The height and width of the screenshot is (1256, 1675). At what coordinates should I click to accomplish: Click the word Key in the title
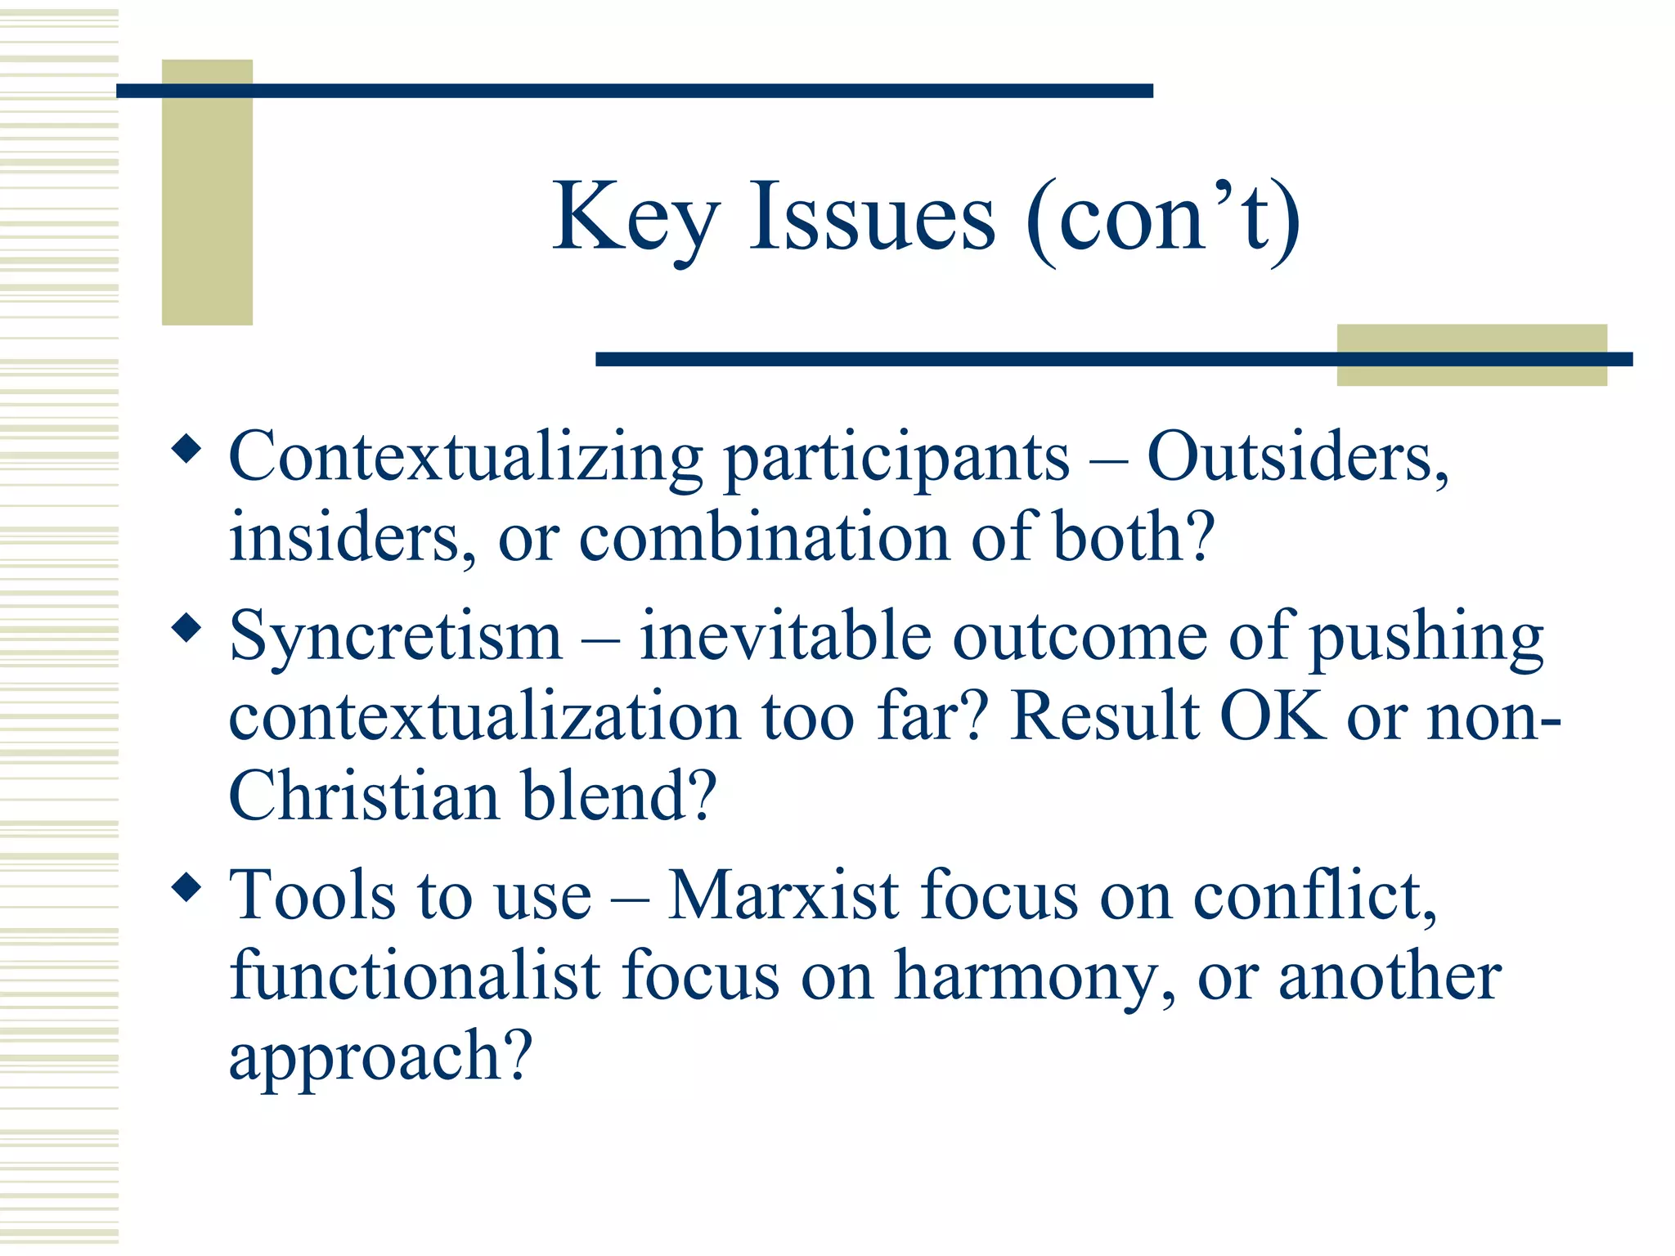pos(635,219)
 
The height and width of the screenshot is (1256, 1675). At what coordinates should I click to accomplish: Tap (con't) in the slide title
pos(1162,219)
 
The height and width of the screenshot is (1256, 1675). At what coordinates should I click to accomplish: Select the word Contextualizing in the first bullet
pos(465,458)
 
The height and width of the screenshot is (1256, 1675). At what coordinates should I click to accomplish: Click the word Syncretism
pos(396,638)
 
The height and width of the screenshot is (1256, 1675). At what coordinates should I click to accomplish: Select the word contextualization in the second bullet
pos(484,716)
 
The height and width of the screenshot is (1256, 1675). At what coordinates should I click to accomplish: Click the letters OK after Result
pos(1272,716)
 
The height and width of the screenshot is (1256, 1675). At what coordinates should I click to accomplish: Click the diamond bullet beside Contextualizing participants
pos(187,449)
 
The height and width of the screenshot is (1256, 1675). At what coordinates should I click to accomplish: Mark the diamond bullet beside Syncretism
pos(187,629)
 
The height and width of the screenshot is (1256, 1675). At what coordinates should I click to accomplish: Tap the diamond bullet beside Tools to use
pos(187,888)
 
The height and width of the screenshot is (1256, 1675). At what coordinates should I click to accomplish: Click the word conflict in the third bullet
pos(1314,895)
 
